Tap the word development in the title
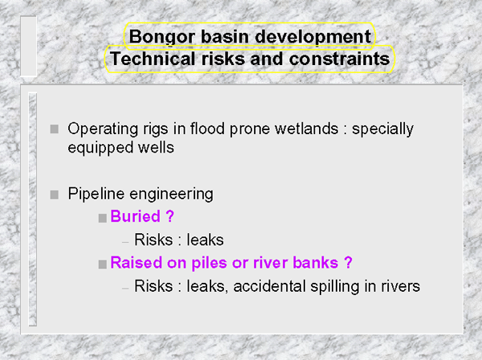[313, 38]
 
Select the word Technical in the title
[153, 59]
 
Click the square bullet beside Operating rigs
[55, 129]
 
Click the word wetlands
[307, 129]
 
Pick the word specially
[382, 129]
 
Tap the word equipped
[100, 148]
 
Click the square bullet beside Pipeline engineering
[55, 194]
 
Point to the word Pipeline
[96, 194]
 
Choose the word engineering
[172, 195]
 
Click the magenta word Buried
[135, 216]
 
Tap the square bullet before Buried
[103, 218]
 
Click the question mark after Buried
[170, 216]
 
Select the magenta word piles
[210, 263]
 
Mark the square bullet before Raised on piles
[103, 264]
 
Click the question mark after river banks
[348, 263]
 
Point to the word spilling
[335, 287]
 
